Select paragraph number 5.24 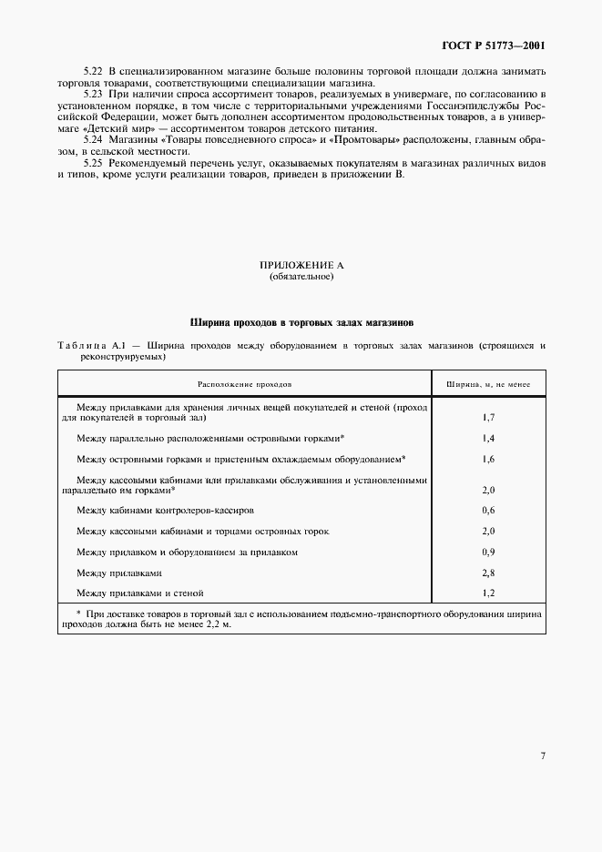point(92,140)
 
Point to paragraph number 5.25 point(92,163)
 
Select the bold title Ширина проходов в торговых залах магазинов point(301,322)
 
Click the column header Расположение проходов point(244,385)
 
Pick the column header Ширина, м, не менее point(487,385)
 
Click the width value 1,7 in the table point(487,418)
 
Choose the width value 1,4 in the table point(487,438)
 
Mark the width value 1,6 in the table point(487,459)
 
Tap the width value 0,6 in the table point(487,510)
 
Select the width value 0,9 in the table point(487,552)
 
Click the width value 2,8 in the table point(487,573)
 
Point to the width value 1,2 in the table point(487,593)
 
